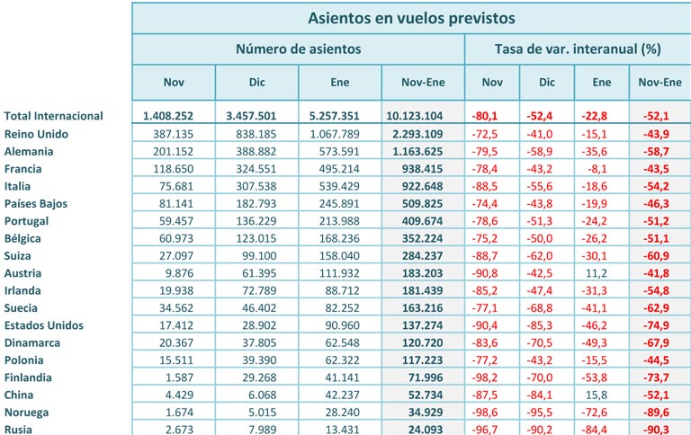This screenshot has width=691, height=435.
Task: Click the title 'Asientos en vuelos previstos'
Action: click(411, 18)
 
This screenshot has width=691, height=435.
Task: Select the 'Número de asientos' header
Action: click(299, 49)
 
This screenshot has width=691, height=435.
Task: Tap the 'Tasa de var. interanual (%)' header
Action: click(578, 49)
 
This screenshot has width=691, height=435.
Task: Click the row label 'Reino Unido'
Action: click(37, 134)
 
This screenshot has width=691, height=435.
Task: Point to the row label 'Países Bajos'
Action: click(39, 203)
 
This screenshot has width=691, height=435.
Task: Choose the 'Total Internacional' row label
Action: click(54, 116)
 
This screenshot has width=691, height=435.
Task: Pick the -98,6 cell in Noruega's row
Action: click(491, 413)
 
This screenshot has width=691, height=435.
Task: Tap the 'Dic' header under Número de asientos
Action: click(256, 83)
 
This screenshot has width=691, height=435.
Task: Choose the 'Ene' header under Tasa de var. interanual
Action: click(602, 83)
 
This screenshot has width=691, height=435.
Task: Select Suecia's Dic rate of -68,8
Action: click(546, 307)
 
